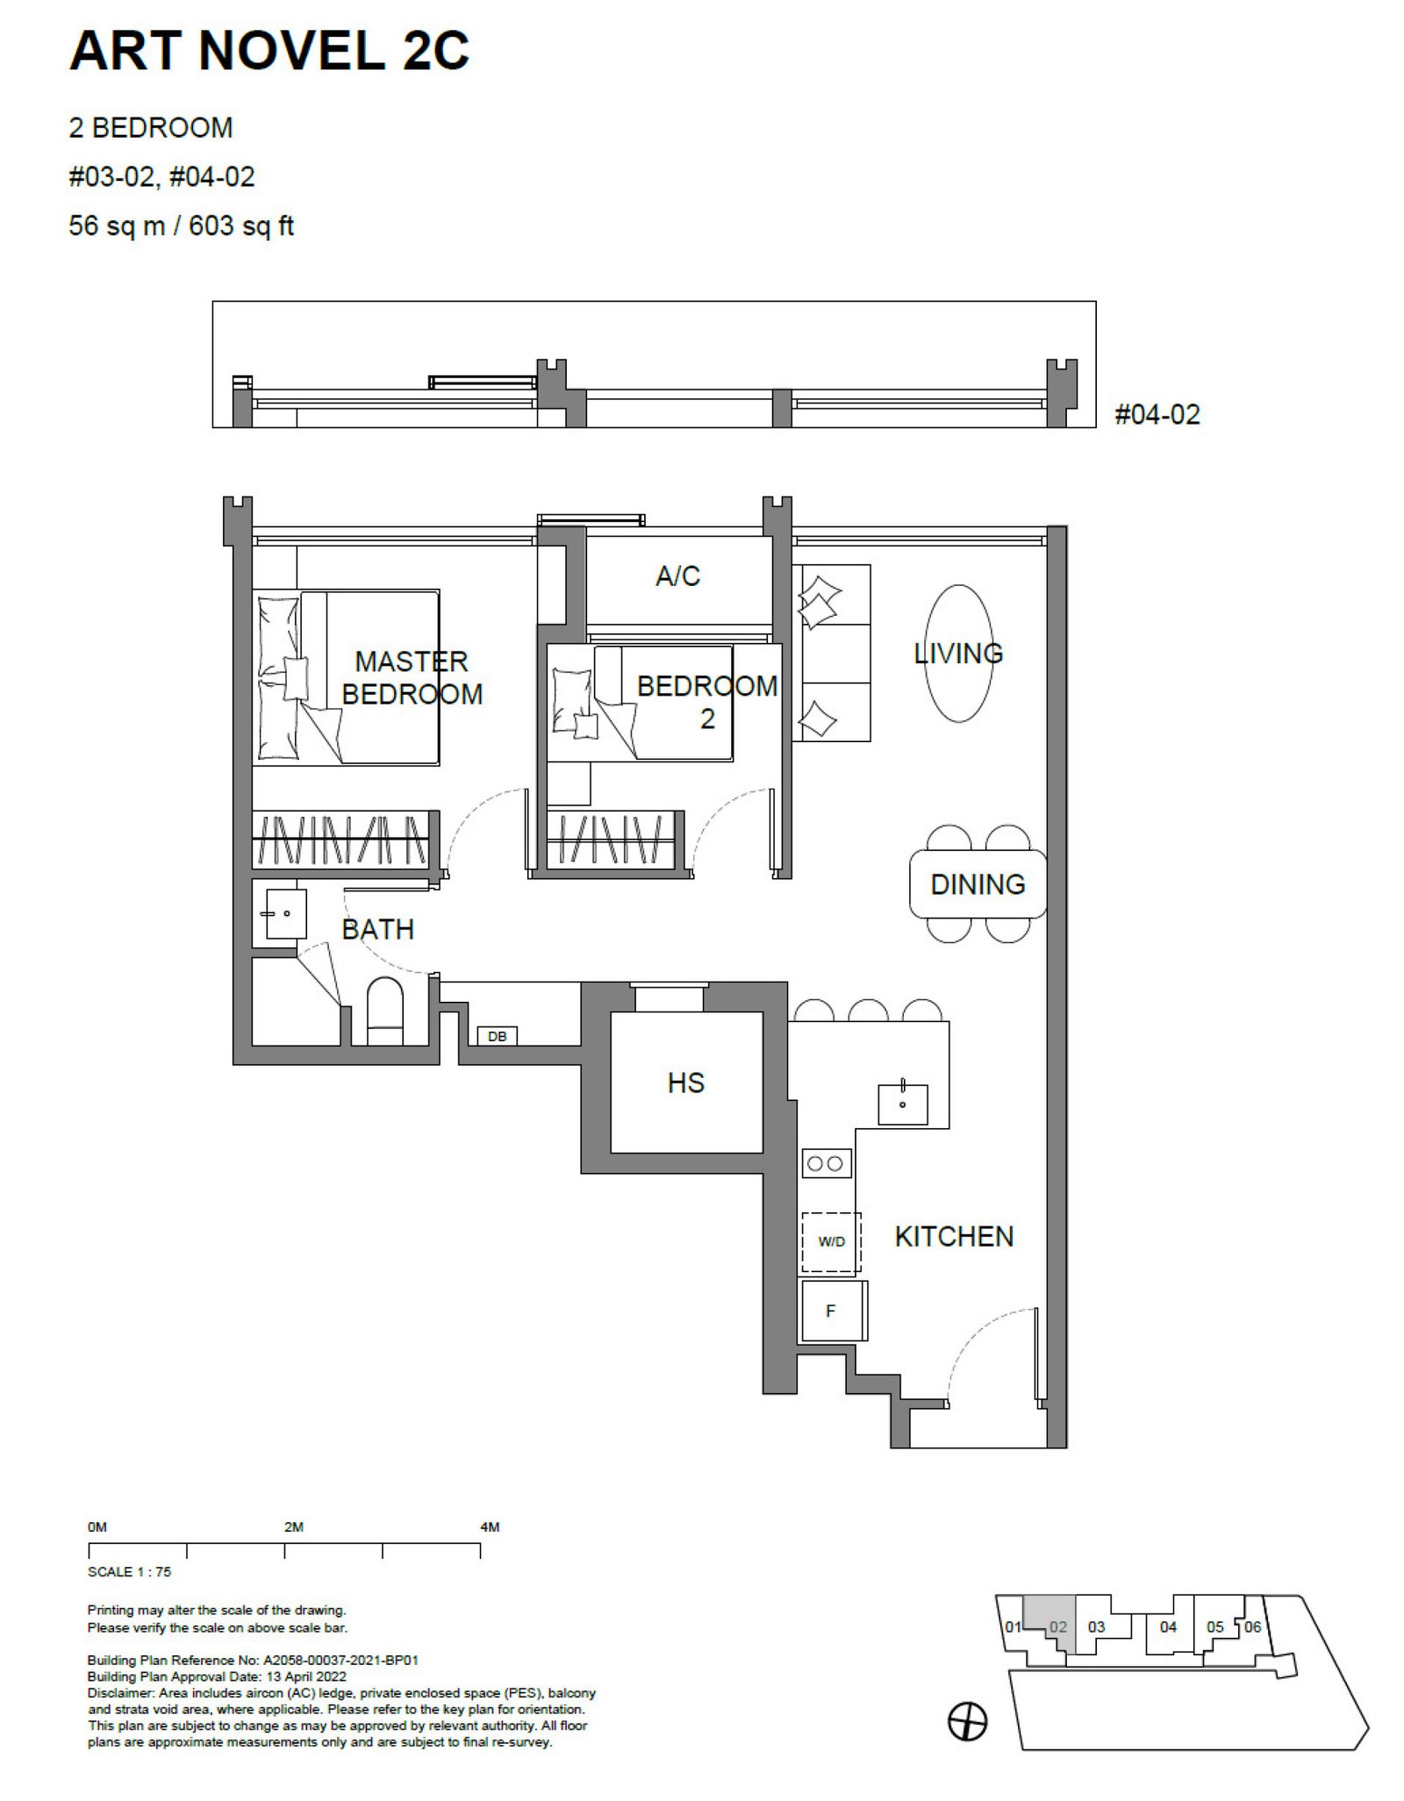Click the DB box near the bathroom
[x=497, y=1036]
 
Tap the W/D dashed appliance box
[x=831, y=1242]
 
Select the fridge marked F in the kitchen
[x=834, y=1311]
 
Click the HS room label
[x=686, y=1083]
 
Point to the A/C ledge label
[x=678, y=575]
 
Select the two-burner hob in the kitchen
[x=826, y=1164]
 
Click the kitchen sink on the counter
[x=903, y=1104]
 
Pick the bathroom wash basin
[x=285, y=914]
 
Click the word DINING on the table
[x=978, y=884]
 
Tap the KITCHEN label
[x=954, y=1236]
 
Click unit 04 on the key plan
[x=1168, y=1626]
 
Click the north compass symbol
[x=967, y=1722]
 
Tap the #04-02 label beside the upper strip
[x=1157, y=414]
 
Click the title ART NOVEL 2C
[x=269, y=50]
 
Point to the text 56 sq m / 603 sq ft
[x=181, y=225]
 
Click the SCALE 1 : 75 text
[x=129, y=1572]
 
